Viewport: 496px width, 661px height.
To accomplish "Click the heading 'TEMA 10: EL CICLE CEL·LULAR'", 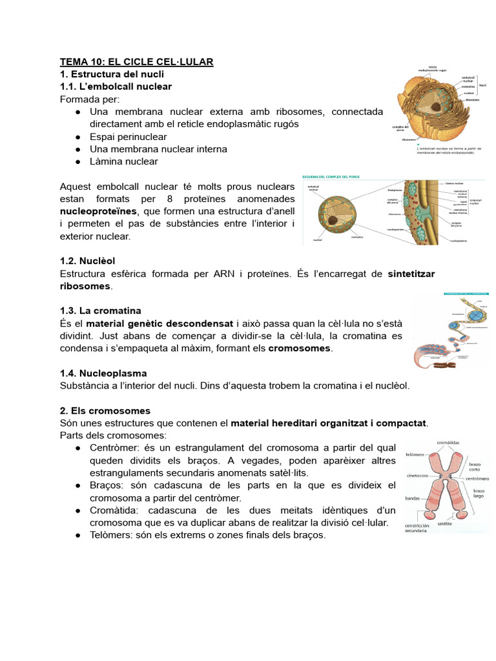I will pyautogui.click(x=136, y=62).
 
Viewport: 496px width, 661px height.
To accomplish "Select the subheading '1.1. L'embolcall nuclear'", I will pyautogui.click(x=116, y=86).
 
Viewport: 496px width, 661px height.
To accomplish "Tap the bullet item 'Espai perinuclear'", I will pyautogui.click(x=128, y=137).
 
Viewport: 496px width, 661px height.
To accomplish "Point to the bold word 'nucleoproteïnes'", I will pyautogui.click(x=98, y=211).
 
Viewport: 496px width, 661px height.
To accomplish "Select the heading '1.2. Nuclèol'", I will pyautogui.click(x=87, y=261).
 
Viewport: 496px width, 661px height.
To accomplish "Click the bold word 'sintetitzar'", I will pyautogui.click(x=411, y=274).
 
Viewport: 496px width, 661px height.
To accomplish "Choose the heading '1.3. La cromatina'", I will pyautogui.click(x=100, y=310).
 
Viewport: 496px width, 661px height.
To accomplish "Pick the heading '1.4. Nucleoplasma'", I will pyautogui.click(x=103, y=373).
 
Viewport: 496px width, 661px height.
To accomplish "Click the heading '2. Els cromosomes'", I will pyautogui.click(x=105, y=411).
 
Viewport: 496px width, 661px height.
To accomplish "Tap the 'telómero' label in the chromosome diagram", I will pyautogui.click(x=415, y=454).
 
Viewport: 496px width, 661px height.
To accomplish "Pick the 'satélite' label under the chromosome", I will pyautogui.click(x=444, y=525).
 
